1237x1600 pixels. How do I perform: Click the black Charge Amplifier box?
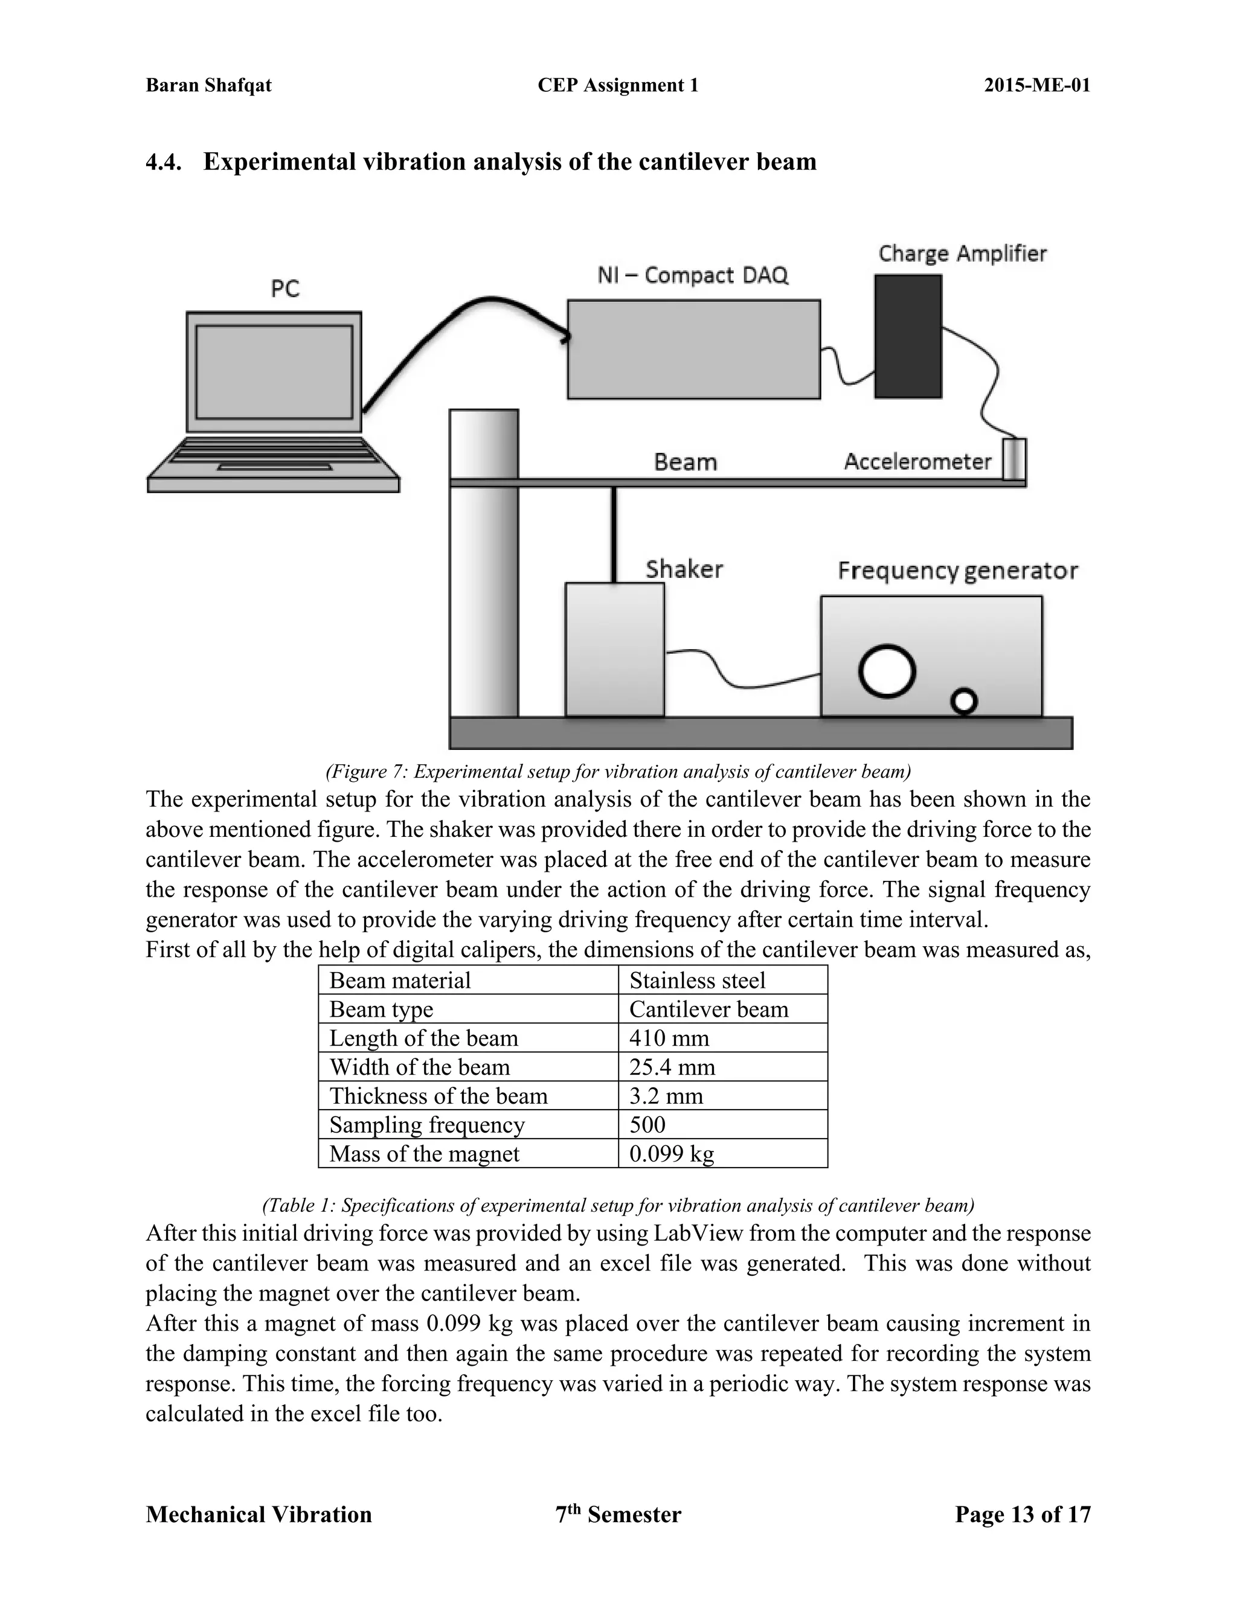[x=907, y=336]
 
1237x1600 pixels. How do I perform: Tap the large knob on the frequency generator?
[x=887, y=670]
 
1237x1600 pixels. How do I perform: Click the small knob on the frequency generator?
[x=963, y=702]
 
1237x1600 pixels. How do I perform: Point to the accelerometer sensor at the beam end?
[x=1014, y=459]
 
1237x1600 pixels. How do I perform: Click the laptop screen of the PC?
[x=274, y=371]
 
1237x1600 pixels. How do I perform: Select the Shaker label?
[x=684, y=569]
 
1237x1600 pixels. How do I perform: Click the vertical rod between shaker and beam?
[x=614, y=535]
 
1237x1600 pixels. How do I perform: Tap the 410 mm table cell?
[x=669, y=1038]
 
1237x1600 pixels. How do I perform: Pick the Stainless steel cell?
[x=697, y=980]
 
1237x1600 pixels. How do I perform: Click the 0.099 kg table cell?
[x=671, y=1154]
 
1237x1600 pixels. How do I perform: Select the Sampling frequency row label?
[x=426, y=1125]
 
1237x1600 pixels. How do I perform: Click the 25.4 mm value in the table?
[x=672, y=1067]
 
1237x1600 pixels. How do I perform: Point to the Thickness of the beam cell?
[x=439, y=1096]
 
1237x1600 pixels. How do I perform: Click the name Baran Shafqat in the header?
[x=209, y=85]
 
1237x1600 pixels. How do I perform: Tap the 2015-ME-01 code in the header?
[x=1036, y=85]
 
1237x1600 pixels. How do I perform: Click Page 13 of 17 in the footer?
[x=1023, y=1515]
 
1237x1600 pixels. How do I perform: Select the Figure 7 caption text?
[x=618, y=772]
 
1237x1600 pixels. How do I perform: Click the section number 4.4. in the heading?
[x=164, y=162]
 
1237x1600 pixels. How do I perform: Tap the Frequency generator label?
[x=957, y=571]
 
